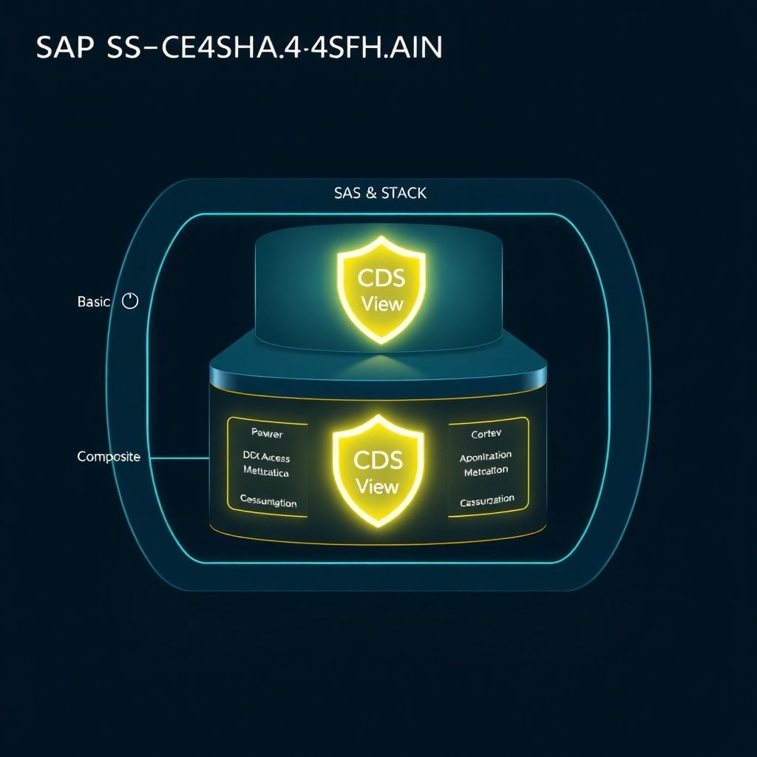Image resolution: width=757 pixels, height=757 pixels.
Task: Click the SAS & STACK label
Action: pyautogui.click(x=380, y=193)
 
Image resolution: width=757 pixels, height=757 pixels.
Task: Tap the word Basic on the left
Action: pyautogui.click(x=93, y=302)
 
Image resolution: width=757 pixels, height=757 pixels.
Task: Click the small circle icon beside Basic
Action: pyautogui.click(x=129, y=301)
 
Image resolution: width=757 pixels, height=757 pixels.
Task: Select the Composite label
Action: pyautogui.click(x=109, y=457)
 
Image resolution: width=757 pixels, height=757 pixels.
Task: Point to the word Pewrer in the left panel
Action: pyautogui.click(x=267, y=432)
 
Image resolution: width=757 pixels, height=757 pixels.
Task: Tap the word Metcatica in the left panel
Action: pyautogui.click(x=265, y=472)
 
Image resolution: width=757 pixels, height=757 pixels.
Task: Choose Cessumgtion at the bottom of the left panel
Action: pyautogui.click(x=268, y=502)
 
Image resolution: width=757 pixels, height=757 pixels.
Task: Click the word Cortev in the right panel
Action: pyautogui.click(x=486, y=434)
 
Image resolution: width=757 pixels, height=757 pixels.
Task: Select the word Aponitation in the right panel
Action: pyautogui.click(x=485, y=457)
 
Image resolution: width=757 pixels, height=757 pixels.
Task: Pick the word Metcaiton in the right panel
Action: pyautogui.click(x=486, y=472)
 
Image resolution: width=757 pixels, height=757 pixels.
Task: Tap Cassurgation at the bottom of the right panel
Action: pyautogui.click(x=486, y=501)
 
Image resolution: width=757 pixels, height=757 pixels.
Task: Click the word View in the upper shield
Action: pyautogui.click(x=381, y=304)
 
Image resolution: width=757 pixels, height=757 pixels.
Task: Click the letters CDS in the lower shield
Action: pyautogui.click(x=378, y=460)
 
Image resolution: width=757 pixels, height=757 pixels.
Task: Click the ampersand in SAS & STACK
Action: pyautogui.click(x=370, y=193)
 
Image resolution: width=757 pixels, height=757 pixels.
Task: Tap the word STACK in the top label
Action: pyautogui.click(x=404, y=193)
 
